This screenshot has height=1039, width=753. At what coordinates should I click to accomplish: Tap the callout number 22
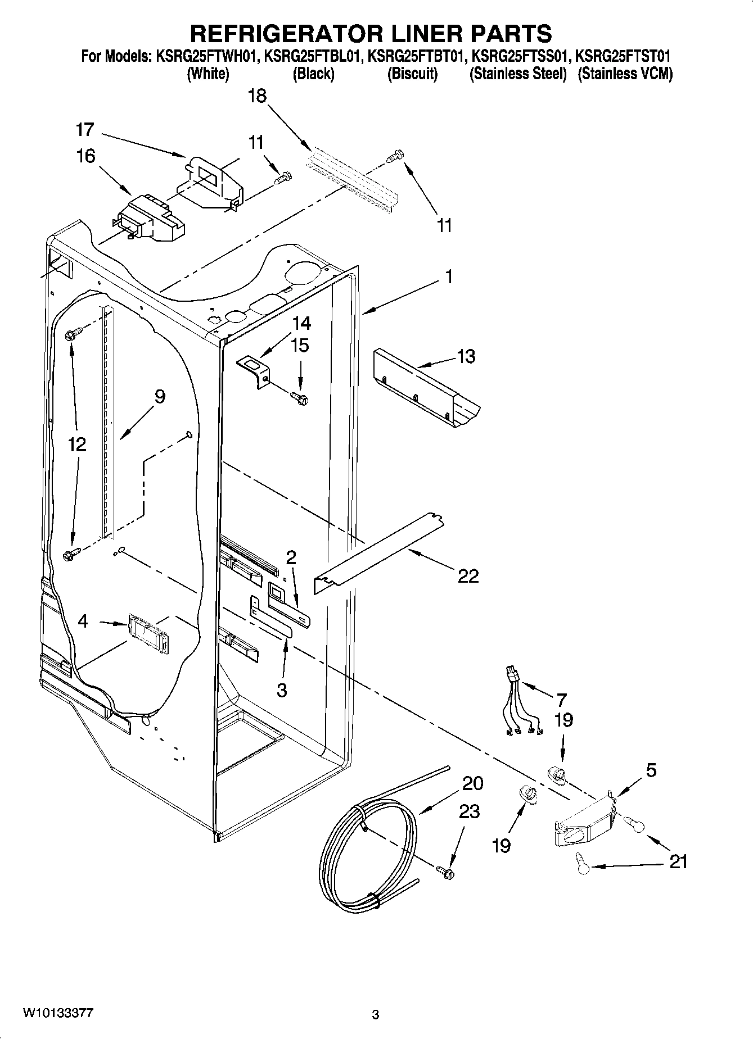click(x=468, y=575)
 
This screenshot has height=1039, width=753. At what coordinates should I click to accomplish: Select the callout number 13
click(x=466, y=356)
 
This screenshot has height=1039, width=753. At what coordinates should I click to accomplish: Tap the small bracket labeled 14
click(x=254, y=370)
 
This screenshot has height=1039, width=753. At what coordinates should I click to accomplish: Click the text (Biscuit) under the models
click(x=412, y=74)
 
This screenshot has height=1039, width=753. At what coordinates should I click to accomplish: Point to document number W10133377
click(x=58, y=1013)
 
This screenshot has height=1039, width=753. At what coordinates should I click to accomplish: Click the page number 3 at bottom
click(x=376, y=1015)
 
